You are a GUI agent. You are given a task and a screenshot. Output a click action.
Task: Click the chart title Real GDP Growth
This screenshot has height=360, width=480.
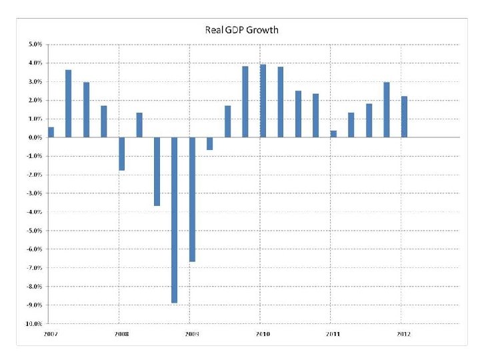tap(241, 30)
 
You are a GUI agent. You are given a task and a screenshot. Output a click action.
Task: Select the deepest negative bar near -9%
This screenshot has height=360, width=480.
tap(175, 220)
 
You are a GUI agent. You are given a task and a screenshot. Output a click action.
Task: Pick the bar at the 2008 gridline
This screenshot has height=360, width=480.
tap(121, 153)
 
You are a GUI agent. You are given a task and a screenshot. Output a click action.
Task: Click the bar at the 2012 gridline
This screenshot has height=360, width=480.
tap(404, 117)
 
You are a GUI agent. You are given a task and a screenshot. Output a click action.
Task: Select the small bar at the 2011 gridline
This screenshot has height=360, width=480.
tap(333, 133)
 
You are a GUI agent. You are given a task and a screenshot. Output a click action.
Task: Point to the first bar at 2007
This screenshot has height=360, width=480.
tap(51, 132)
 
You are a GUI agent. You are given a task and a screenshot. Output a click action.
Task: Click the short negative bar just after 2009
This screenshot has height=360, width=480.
tap(210, 143)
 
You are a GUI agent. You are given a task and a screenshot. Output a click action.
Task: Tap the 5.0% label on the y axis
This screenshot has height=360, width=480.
tap(35, 45)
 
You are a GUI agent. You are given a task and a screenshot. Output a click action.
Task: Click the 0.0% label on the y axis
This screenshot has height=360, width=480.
tap(35, 137)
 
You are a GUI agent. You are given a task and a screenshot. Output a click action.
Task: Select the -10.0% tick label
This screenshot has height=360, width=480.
tap(33, 324)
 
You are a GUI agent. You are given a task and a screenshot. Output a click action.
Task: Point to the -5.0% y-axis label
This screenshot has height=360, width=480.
tap(34, 231)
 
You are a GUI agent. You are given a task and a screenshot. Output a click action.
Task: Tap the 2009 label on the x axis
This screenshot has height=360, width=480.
tap(191, 333)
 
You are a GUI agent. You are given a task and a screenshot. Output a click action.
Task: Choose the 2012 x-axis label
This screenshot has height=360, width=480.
tap(403, 333)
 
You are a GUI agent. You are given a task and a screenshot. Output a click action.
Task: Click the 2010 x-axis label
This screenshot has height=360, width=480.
tap(262, 333)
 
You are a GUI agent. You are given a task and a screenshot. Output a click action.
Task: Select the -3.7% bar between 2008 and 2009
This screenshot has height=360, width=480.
tap(157, 171)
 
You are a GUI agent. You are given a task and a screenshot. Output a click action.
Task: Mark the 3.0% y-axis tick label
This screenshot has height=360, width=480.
tap(35, 82)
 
